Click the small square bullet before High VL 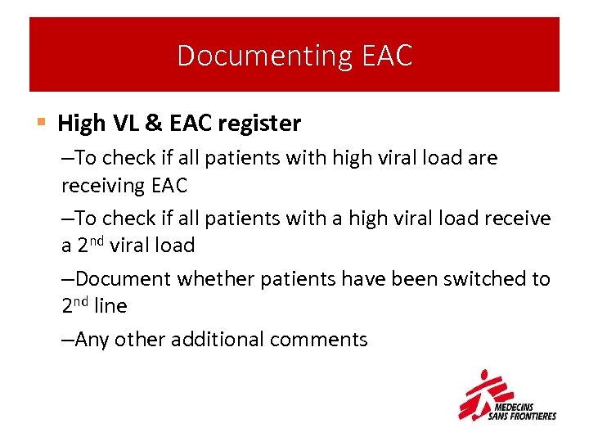pos(42,124)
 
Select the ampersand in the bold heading pos(152,124)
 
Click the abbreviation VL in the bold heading pos(124,124)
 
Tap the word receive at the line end pos(518,219)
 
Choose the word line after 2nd pos(111,306)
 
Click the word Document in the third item pos(123,279)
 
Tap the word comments pos(324,339)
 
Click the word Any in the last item pos(92,339)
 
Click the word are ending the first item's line pos(483,157)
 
